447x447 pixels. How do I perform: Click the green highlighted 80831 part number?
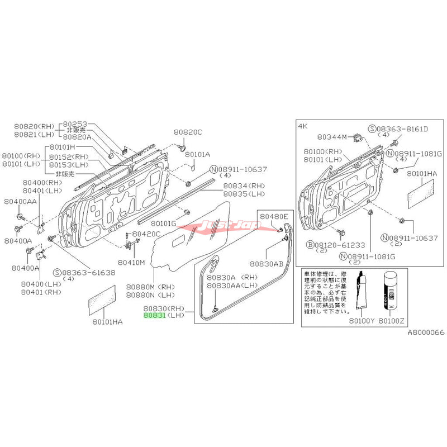click(x=155, y=315)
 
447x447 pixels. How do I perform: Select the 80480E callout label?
click(x=273, y=216)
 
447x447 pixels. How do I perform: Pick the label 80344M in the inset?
click(x=332, y=136)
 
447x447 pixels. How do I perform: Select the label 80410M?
click(x=132, y=262)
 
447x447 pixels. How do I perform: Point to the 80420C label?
click(x=146, y=234)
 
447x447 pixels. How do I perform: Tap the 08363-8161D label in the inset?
click(x=402, y=129)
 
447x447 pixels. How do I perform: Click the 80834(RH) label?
click(x=242, y=186)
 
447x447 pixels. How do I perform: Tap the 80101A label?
click(x=197, y=154)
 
